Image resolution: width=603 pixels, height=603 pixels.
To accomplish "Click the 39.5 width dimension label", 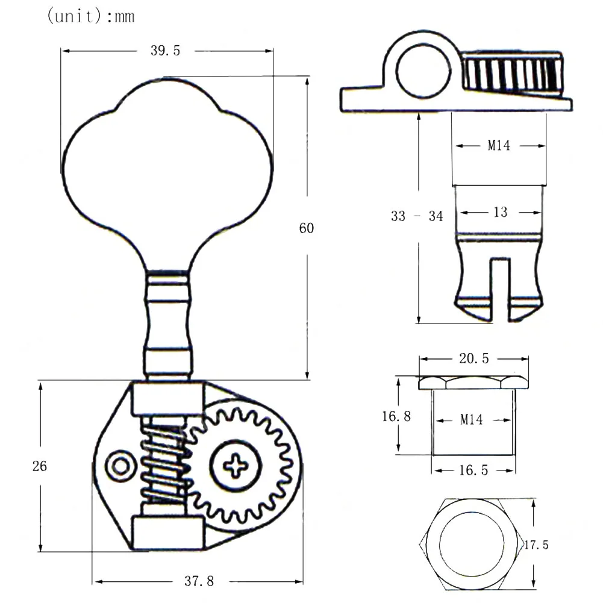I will click(x=165, y=51).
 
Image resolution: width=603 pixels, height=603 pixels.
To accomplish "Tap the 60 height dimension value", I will click(x=307, y=228).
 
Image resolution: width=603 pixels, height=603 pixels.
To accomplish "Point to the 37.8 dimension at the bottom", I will click(x=198, y=581).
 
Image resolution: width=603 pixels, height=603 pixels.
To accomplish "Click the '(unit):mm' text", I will click(x=90, y=16).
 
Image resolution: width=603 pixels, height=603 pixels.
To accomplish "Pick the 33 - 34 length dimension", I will click(x=417, y=216).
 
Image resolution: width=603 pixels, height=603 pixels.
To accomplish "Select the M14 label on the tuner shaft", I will click(x=499, y=146).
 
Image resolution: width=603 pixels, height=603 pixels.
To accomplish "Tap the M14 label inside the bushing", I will click(x=472, y=420).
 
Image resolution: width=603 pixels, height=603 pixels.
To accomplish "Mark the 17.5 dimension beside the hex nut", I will click(x=536, y=545).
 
